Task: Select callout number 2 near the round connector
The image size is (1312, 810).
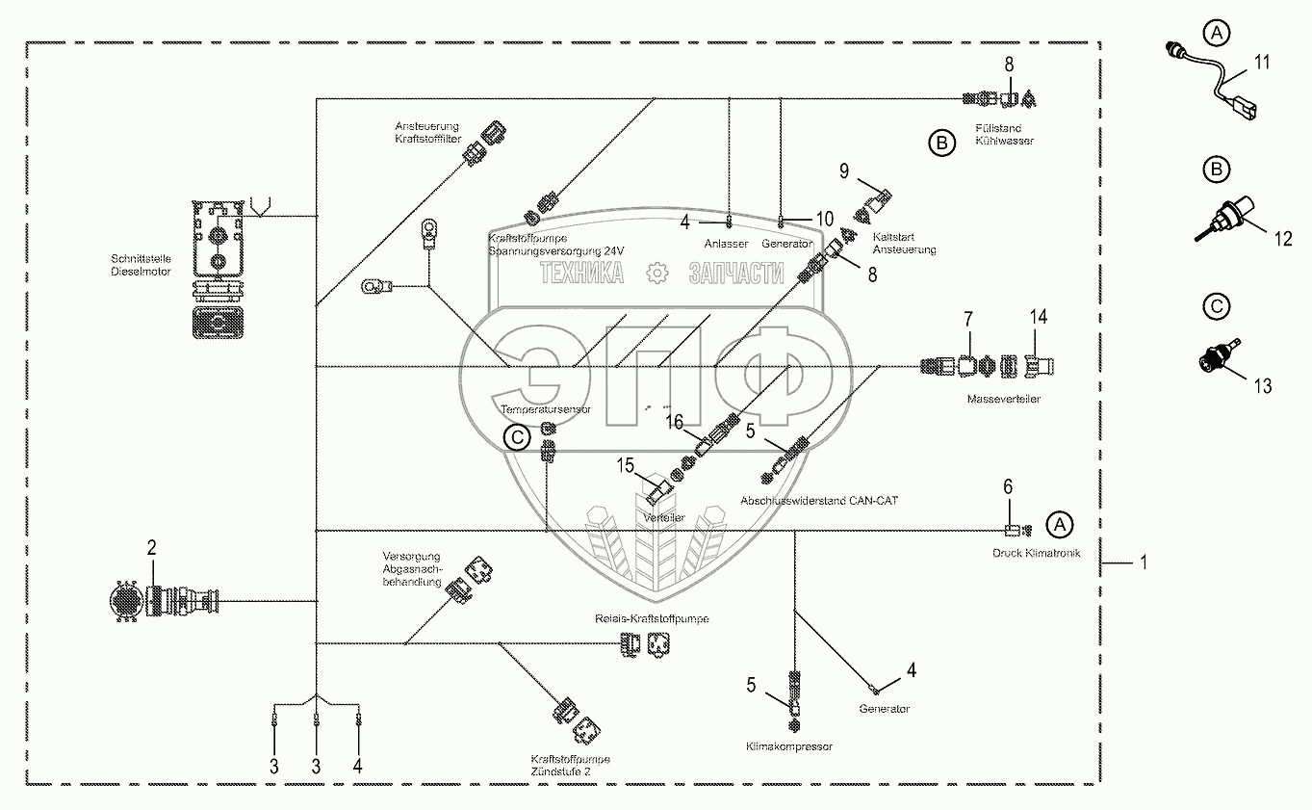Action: pyautogui.click(x=151, y=548)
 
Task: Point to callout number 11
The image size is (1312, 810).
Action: pyautogui.click(x=1262, y=62)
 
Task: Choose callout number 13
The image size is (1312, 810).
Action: pyautogui.click(x=1262, y=386)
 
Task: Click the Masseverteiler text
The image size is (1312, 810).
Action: pyautogui.click(x=1005, y=398)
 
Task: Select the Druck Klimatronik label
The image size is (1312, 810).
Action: pyautogui.click(x=1037, y=554)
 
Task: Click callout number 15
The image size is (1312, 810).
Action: pyautogui.click(x=627, y=465)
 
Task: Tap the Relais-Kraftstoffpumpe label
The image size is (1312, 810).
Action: pyautogui.click(x=653, y=618)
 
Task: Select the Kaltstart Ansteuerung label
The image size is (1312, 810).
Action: pyautogui.click(x=904, y=243)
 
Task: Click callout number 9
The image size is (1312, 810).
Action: pyautogui.click(x=843, y=171)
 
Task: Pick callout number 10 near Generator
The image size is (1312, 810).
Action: pyautogui.click(x=825, y=219)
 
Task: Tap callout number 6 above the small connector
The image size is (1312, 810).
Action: pyautogui.click(x=1009, y=487)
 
